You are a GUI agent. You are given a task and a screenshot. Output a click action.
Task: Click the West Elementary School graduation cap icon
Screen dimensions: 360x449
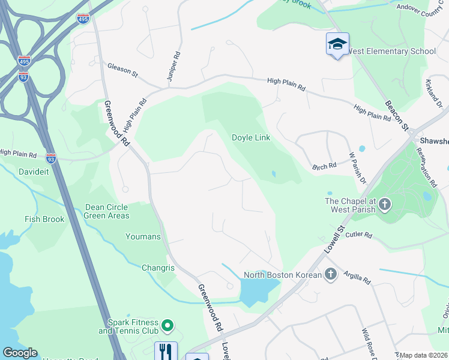(337, 44)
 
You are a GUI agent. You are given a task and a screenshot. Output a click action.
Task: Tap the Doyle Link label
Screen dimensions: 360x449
(251, 137)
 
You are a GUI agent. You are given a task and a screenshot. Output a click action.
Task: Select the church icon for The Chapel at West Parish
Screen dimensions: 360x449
(385, 205)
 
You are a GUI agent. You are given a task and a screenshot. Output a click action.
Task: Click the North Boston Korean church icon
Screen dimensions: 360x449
(330, 275)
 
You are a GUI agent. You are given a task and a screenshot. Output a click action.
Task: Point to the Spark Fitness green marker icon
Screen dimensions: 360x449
(167, 326)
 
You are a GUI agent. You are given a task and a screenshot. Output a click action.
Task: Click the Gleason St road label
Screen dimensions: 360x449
(122, 70)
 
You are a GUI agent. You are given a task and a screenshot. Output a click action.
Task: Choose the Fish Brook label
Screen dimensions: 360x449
(44, 219)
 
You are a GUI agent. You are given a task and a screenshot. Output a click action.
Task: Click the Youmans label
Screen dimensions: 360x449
(143, 236)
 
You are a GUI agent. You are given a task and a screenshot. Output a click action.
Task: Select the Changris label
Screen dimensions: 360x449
(157, 268)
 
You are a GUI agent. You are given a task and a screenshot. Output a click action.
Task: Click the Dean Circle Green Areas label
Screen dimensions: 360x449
(107, 211)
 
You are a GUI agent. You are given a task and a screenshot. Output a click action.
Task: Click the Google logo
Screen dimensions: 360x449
(20, 353)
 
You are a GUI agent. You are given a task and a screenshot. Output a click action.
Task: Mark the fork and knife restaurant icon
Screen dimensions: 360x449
(166, 351)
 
